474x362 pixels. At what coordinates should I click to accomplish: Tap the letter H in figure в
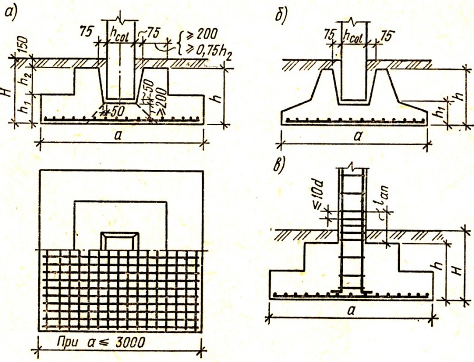click(461, 269)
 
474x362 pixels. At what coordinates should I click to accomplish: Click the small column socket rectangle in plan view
click(120, 240)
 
